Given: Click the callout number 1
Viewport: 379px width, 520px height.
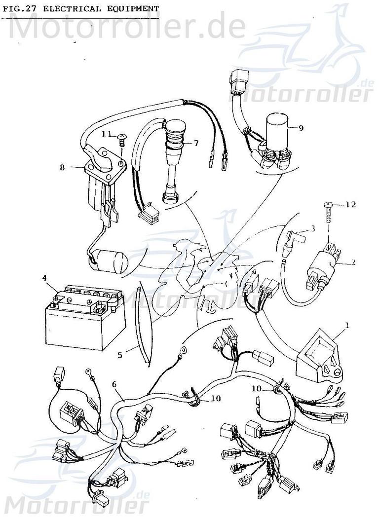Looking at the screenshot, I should tap(346, 325).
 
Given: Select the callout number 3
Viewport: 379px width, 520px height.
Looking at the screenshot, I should tap(312, 228).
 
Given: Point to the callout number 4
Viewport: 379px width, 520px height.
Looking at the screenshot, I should tap(44, 278).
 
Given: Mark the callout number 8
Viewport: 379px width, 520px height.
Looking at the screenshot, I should tap(62, 167).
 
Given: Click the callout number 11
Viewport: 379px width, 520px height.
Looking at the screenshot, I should tap(107, 134).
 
